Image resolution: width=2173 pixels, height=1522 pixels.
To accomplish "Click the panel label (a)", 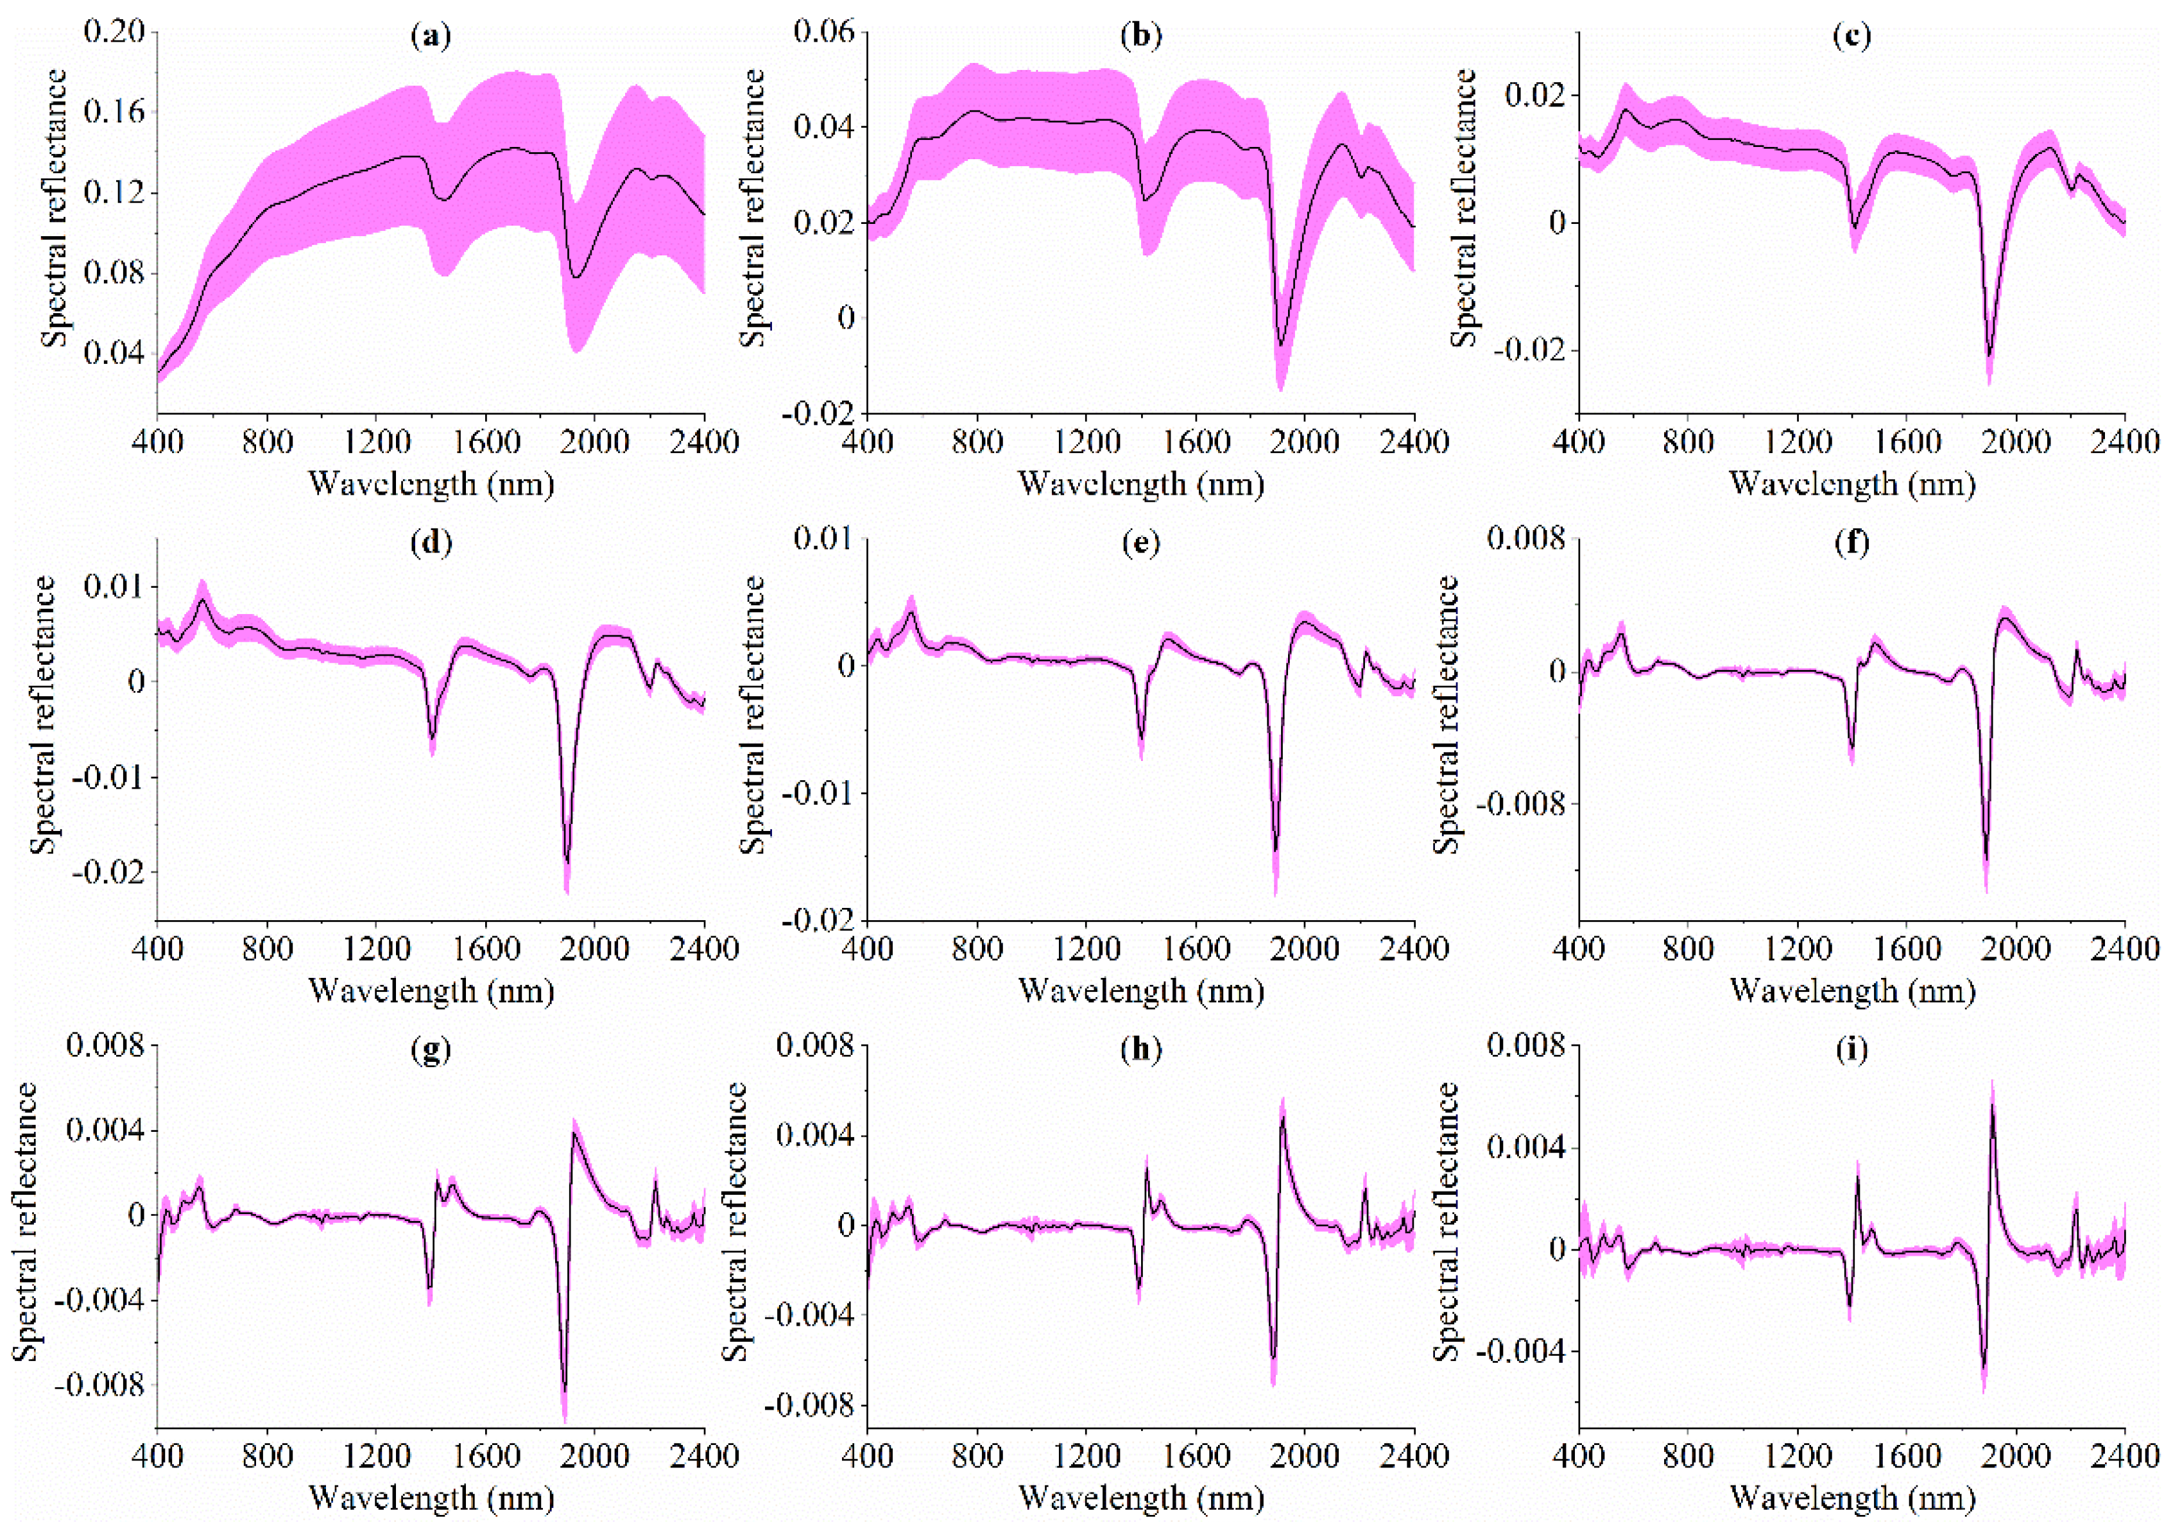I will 431,36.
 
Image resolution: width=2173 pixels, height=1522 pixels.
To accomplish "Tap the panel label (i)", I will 1851,1050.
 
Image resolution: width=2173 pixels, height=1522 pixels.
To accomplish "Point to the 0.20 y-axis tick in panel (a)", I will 114,31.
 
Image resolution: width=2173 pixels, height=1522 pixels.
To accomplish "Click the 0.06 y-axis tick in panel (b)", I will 823,31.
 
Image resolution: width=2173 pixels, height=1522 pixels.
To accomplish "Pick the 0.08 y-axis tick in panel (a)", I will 114,273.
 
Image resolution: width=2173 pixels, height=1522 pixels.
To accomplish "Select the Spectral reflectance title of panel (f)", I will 1445,715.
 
